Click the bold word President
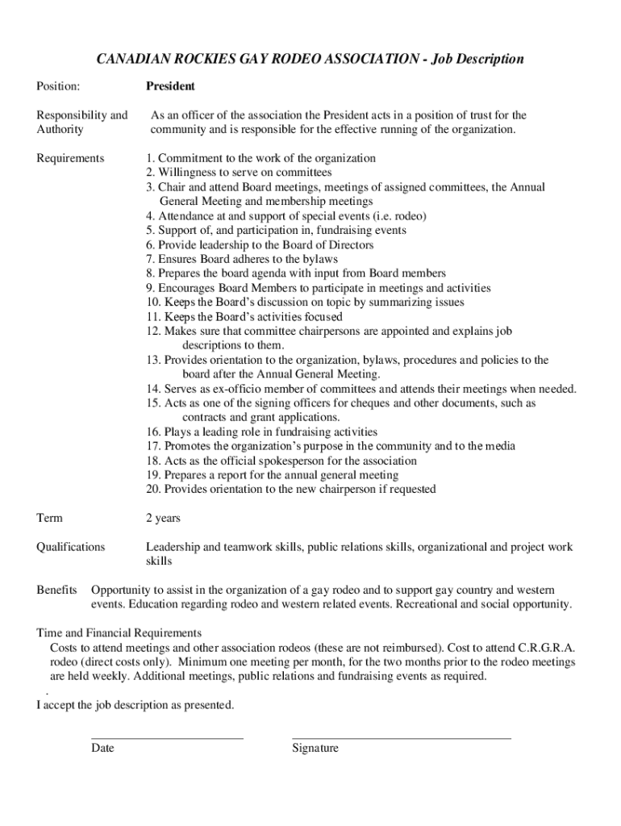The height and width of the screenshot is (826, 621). (170, 86)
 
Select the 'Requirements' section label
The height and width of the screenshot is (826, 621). (70, 158)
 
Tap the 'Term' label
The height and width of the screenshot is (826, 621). (49, 518)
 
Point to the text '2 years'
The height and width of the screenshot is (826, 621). (163, 518)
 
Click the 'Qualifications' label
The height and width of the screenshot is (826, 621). (71, 547)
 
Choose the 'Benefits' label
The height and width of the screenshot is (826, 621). (57, 590)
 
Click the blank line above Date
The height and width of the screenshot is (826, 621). (167, 737)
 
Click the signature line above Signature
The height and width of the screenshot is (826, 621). (401, 737)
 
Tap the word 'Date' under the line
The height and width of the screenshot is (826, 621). (102, 749)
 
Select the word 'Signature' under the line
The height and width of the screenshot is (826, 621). (315, 749)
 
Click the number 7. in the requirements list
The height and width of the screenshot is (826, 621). (150, 259)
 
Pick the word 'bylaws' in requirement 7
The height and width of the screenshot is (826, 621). (322, 259)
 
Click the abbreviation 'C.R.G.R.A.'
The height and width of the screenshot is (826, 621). (546, 648)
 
